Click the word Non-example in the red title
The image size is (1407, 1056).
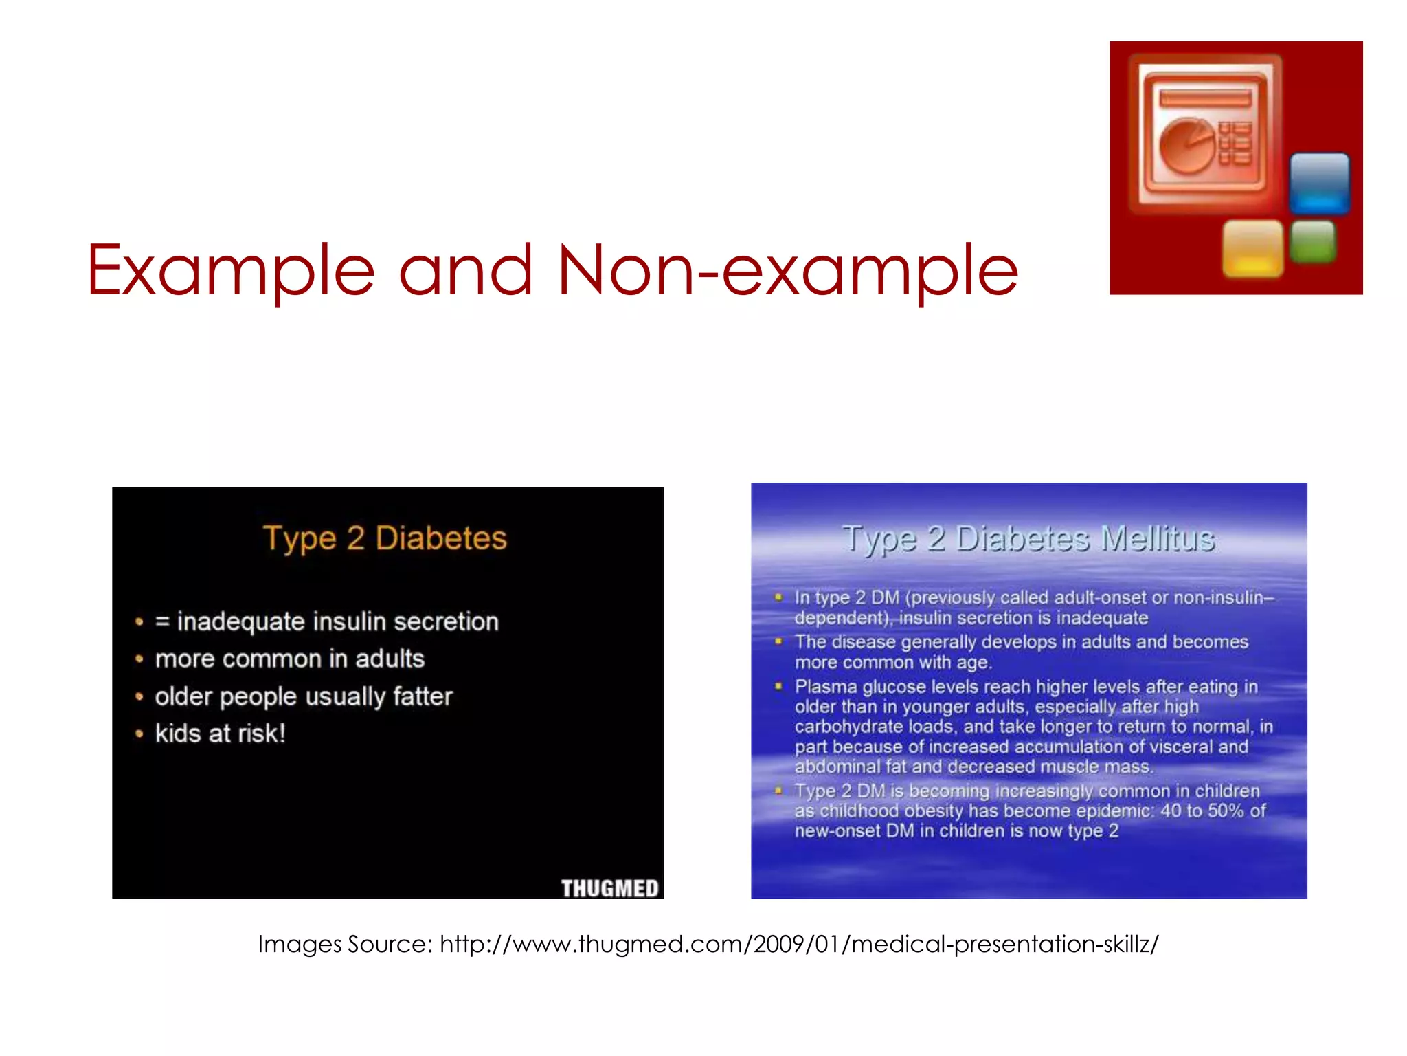coord(788,271)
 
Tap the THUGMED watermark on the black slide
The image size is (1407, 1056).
coord(609,888)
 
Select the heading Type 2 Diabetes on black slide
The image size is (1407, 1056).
coord(385,538)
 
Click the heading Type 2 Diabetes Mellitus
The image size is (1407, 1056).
coord(1028,539)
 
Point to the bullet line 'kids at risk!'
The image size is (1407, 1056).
coord(220,734)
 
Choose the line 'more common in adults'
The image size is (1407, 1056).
coord(289,659)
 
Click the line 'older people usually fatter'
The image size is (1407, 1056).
coord(304,696)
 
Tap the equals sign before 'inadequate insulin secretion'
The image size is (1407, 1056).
coord(162,622)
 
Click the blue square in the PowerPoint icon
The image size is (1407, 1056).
coord(1319,182)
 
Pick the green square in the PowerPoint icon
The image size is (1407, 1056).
coord(1313,242)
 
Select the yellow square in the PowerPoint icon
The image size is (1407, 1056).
coord(1252,248)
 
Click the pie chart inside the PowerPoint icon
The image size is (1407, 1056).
coord(1187,145)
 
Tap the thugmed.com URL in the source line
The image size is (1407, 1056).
coord(799,944)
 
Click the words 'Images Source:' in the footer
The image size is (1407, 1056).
coord(345,944)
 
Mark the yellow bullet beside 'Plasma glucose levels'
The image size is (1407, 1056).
coord(778,686)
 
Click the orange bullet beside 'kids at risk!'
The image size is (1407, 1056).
coord(139,734)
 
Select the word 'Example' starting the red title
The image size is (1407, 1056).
coord(231,271)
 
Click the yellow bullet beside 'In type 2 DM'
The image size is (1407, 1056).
coord(778,597)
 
